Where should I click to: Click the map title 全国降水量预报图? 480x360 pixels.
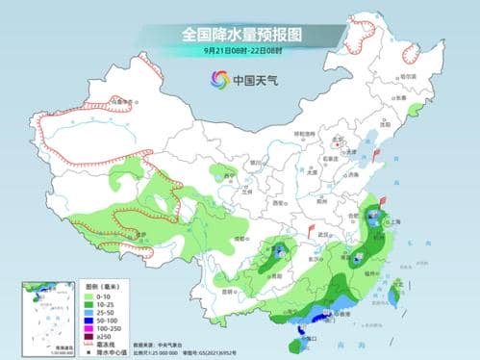240,35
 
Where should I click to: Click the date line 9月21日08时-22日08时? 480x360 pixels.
240,50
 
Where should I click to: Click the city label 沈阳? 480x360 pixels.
386,123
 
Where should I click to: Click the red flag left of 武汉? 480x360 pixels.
314,230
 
